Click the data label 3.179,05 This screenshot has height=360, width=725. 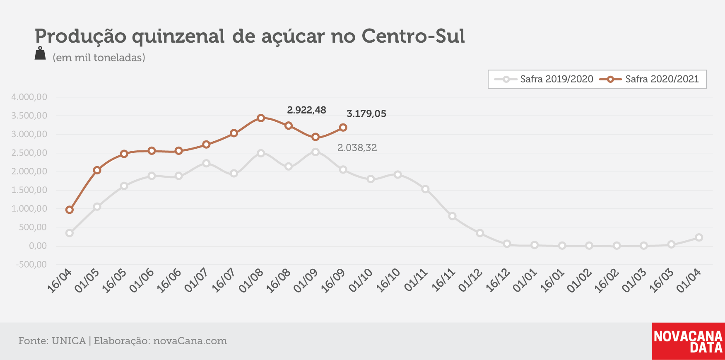click(366, 114)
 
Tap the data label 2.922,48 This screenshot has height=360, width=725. click(306, 110)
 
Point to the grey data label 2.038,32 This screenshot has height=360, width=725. click(357, 148)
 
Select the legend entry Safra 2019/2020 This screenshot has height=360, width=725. click(544, 79)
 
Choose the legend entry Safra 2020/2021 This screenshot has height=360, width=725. click(649, 79)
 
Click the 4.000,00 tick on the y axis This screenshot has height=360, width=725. click(29, 97)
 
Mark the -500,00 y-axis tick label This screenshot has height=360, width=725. click(31, 264)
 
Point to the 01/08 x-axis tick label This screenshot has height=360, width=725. click(251, 280)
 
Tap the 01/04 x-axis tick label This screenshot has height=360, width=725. click(689, 280)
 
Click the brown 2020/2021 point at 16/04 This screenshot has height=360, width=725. click(70, 210)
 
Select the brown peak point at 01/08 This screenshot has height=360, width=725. click(261, 118)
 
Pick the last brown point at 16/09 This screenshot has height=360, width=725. click(343, 128)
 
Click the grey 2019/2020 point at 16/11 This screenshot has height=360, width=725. click(452, 216)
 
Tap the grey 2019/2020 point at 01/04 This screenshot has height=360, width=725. click(699, 237)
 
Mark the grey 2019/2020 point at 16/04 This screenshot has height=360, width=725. click(70, 233)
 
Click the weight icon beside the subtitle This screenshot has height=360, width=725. click(40, 53)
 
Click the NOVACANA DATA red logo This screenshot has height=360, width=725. click(688, 341)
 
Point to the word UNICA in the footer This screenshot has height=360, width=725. click(69, 341)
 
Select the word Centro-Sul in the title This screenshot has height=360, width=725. click(413, 36)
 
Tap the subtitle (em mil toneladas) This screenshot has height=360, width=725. click(99, 58)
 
